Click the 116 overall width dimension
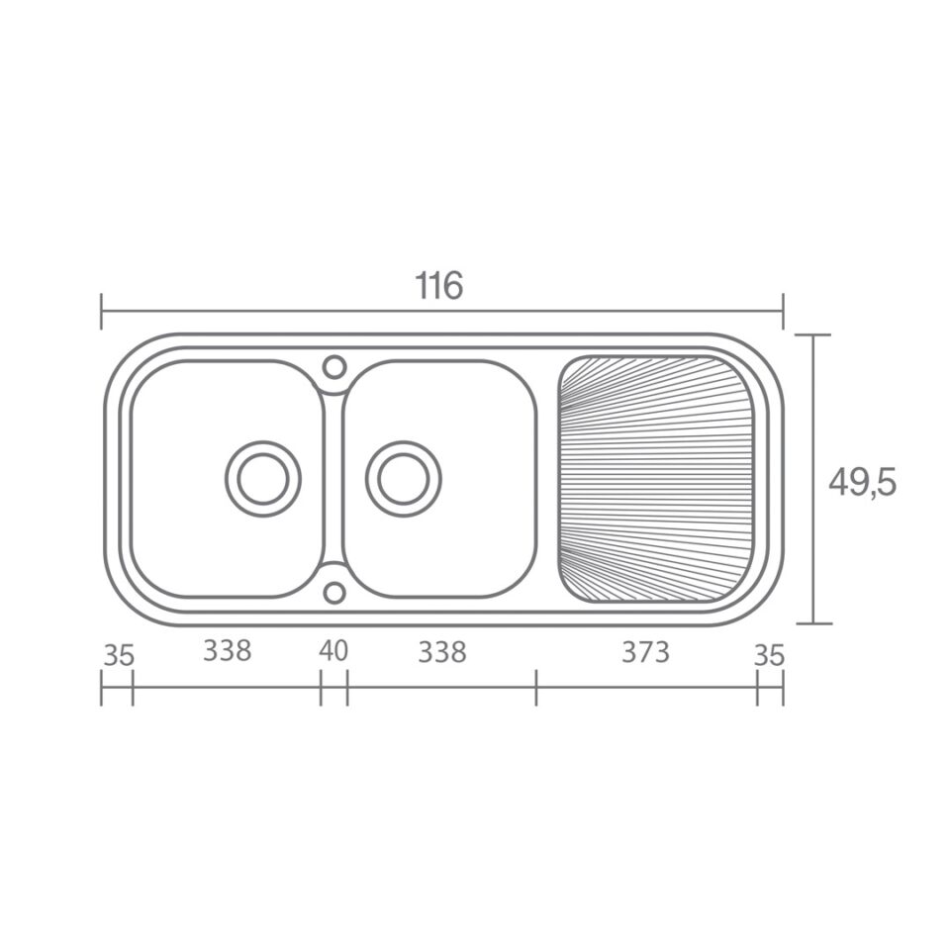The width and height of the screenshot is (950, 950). [x=438, y=286]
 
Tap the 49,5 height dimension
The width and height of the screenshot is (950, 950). [x=862, y=482]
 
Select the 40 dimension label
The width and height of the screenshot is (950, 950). [x=333, y=651]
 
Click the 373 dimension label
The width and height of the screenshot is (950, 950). [x=646, y=652]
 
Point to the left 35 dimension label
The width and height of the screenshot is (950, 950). [x=118, y=655]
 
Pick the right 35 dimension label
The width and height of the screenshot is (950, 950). [x=770, y=655]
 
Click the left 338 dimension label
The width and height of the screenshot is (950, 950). [x=228, y=651]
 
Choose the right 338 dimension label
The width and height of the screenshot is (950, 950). [x=442, y=652]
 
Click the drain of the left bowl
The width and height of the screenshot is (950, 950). [x=263, y=479]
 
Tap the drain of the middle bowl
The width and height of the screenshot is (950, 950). [x=404, y=479]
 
